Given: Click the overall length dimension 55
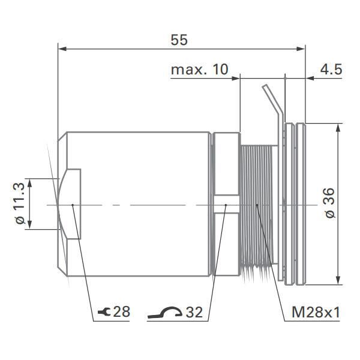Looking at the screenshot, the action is point(179,40).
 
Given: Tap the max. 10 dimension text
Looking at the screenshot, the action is point(200,70).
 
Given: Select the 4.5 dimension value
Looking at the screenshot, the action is point(331,70).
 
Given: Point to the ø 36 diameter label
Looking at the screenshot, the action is point(330,203).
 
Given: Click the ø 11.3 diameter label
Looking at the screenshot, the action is point(20,203).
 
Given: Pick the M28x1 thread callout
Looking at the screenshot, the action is point(316,312).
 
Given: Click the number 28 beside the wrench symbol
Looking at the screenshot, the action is point(122,312).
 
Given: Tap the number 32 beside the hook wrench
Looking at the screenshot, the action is point(194,312).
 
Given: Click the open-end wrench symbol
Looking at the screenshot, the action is point(104,312).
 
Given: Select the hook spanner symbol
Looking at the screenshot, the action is point(165,313).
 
